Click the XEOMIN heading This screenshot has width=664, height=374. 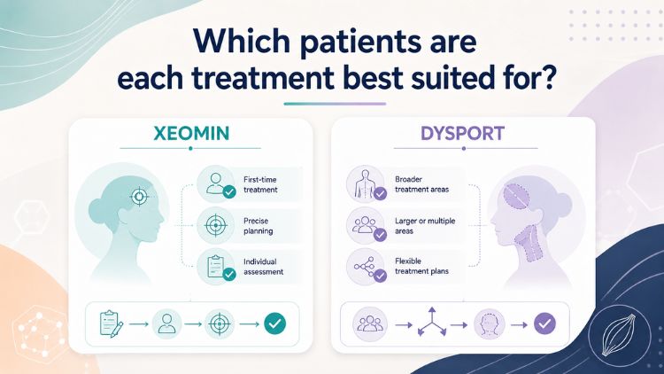[191, 133]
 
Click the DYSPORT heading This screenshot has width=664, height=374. [462, 134]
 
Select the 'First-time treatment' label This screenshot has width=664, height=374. [260, 184]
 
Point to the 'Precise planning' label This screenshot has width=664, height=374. [258, 226]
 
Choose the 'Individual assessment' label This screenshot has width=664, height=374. [263, 267]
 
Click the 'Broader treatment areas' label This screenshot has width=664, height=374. [421, 184]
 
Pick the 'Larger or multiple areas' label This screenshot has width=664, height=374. [425, 226]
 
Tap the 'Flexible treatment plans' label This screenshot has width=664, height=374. [421, 266]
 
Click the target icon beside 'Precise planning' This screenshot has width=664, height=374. [216, 225]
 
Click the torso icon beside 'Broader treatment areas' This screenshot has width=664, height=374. [365, 184]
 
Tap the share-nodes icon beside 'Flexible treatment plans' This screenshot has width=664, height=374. [364, 266]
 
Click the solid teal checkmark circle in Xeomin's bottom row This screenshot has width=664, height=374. [274, 324]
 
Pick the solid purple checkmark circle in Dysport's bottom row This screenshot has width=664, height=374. [544, 324]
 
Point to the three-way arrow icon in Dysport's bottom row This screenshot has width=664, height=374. [431, 323]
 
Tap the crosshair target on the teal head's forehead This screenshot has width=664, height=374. [139, 197]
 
